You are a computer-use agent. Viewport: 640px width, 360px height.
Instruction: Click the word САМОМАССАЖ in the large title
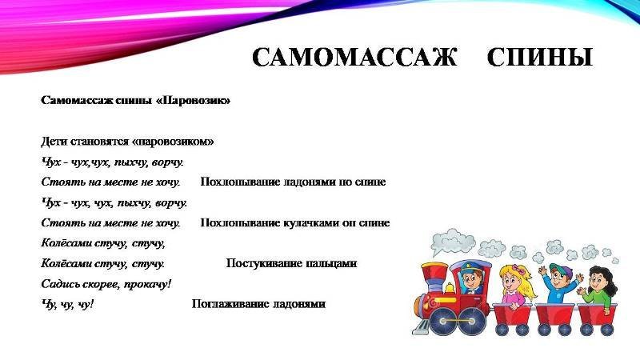pyautogui.click(x=354, y=57)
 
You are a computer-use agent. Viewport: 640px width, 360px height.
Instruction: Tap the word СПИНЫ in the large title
pyautogui.click(x=539, y=57)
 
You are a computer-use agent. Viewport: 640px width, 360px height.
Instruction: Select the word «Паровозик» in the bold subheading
pyautogui.click(x=193, y=101)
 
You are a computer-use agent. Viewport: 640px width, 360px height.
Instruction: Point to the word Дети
pyautogui.click(x=54, y=142)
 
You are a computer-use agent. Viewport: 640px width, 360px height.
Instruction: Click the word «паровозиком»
pyautogui.click(x=173, y=142)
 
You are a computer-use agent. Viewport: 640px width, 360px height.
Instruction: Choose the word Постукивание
pyautogui.click(x=262, y=264)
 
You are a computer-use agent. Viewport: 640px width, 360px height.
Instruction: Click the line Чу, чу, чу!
pyautogui.click(x=67, y=305)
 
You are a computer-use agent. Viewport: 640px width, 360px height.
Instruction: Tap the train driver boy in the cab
pyautogui.click(x=472, y=278)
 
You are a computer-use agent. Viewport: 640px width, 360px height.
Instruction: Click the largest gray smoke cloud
pyautogui.click(x=452, y=241)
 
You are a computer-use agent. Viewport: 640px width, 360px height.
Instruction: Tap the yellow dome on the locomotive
pyautogui.click(x=450, y=288)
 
